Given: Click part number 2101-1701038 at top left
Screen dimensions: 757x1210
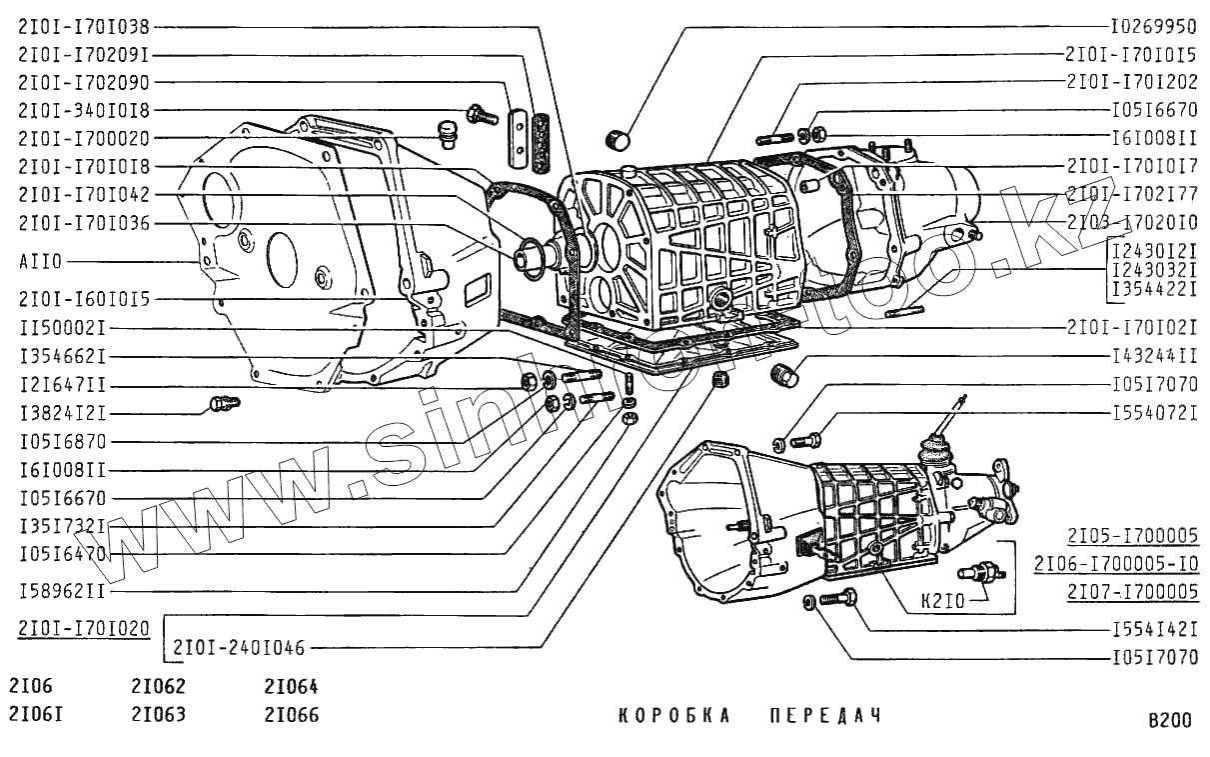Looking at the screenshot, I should point(83,28).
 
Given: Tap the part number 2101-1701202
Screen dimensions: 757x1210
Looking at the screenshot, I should point(1131,82).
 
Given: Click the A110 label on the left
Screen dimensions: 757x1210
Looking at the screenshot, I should point(40,262).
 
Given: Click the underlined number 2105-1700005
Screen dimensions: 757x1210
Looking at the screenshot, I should point(1132,534).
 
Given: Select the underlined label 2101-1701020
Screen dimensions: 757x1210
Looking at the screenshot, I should point(83,628).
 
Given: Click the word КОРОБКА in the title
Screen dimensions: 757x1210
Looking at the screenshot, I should point(675,716).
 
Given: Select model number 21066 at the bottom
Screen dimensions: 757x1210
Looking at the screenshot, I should point(291,715).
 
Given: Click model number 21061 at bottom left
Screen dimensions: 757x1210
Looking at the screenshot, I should point(35,715).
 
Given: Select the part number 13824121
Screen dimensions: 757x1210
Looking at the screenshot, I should point(62,412).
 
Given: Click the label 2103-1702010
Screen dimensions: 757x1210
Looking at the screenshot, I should point(1131,222).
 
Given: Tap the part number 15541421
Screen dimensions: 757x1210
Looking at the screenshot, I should point(1154,631).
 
